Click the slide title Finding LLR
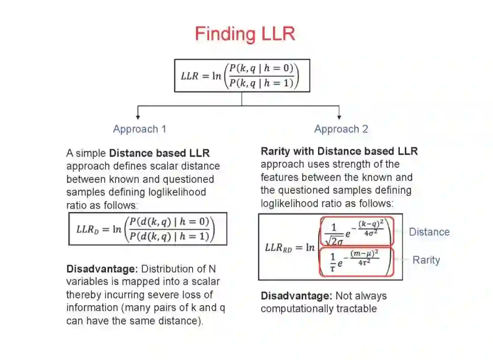[x=245, y=34]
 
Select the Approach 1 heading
[x=140, y=129]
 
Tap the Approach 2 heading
[x=341, y=129]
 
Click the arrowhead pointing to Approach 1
[x=138, y=117]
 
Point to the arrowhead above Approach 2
[x=339, y=117]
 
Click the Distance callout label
[x=429, y=232]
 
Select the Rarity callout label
[x=426, y=260]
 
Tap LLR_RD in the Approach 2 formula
[x=278, y=248]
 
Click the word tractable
[x=356, y=309]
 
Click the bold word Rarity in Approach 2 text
[x=275, y=151]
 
